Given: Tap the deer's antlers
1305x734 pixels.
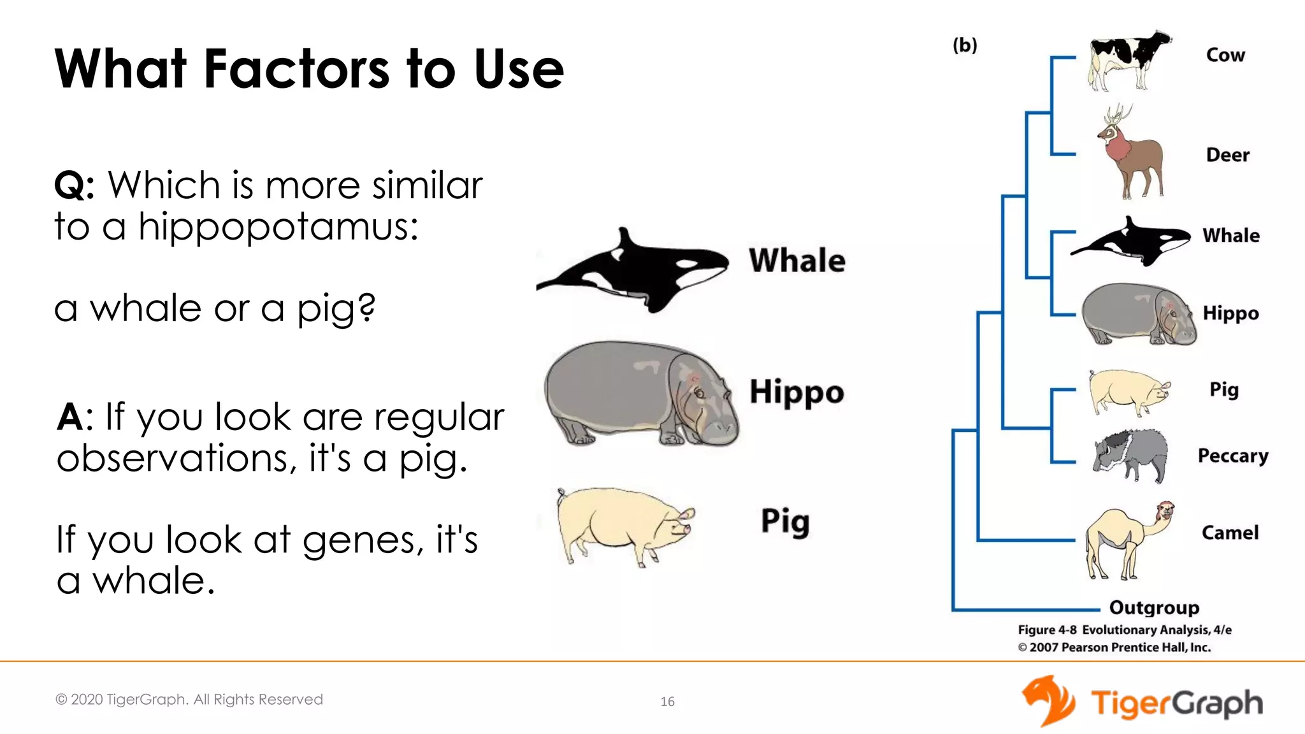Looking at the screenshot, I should (x=1116, y=116).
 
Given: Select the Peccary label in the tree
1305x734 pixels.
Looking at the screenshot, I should (x=1233, y=456).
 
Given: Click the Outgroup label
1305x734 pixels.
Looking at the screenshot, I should (x=1154, y=608).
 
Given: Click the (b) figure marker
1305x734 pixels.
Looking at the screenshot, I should (x=965, y=45).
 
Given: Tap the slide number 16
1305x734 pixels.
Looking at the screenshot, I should (x=667, y=702).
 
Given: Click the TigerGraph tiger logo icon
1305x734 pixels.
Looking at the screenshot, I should (x=1048, y=701).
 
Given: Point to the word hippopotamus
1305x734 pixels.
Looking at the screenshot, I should (x=278, y=227).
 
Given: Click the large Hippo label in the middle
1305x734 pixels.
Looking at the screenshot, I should (x=797, y=392).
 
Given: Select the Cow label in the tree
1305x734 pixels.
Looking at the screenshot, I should (x=1225, y=55).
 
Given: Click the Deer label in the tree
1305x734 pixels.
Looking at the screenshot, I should (x=1227, y=155).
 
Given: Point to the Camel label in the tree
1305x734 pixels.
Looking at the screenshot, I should (x=1230, y=533).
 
